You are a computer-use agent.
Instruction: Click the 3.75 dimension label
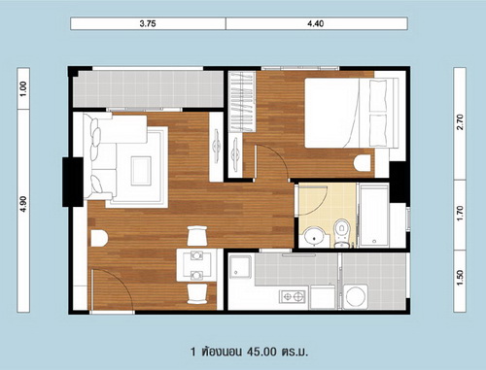(148, 23)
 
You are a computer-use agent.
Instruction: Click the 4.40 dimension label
(316, 23)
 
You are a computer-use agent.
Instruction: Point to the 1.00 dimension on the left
(23, 88)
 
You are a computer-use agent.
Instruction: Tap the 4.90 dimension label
(23, 204)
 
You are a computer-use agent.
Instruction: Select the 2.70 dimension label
(460, 122)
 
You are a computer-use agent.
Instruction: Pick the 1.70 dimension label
(460, 214)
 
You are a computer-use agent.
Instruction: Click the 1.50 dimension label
(460, 278)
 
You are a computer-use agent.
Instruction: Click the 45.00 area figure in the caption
(261, 352)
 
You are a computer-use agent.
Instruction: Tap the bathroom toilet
(341, 232)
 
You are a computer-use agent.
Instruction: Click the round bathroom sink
(313, 236)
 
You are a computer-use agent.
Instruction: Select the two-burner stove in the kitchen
(293, 295)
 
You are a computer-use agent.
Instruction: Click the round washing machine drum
(356, 296)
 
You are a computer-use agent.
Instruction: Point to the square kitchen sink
(240, 267)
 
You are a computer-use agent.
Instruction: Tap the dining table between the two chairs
(196, 265)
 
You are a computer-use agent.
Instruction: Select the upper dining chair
(197, 236)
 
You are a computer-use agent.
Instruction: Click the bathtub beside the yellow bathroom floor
(374, 216)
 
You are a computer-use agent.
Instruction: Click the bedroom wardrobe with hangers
(242, 101)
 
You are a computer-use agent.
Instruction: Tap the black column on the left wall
(73, 182)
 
